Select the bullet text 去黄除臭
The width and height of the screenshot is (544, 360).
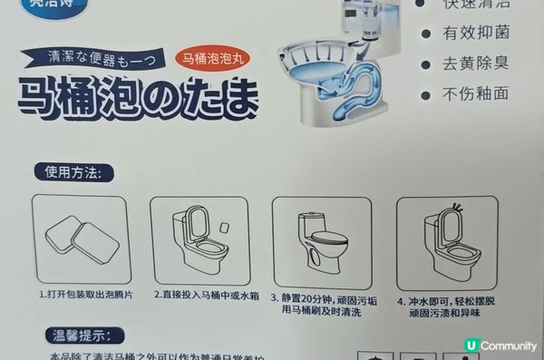(475, 65)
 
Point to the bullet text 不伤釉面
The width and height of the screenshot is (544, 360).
(475, 94)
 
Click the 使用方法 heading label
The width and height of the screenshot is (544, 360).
(78, 171)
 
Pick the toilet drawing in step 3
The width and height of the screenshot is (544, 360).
(320, 241)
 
